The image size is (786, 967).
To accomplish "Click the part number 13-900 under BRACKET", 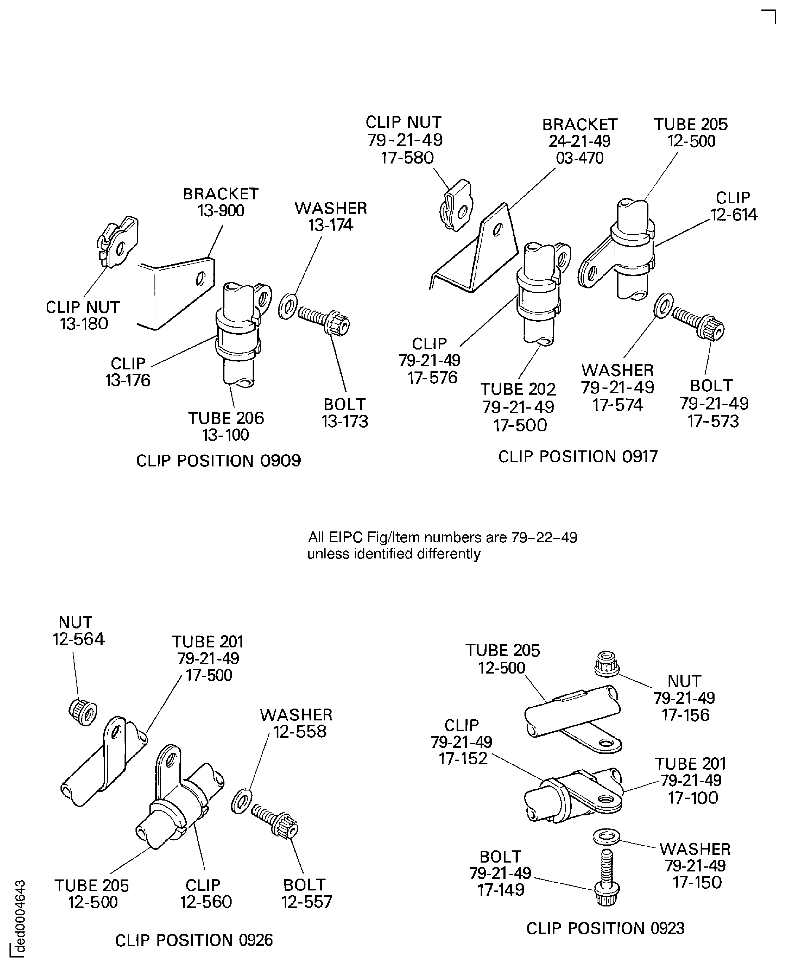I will [221, 211].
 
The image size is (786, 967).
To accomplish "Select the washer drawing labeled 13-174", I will [288, 306].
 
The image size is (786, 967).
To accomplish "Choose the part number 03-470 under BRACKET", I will [580, 158].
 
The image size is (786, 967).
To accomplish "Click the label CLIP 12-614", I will [734, 206].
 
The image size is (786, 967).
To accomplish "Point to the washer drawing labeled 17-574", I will [663, 306].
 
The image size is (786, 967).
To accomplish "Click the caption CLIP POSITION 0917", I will [578, 456].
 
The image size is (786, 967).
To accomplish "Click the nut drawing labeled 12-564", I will [83, 713].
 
